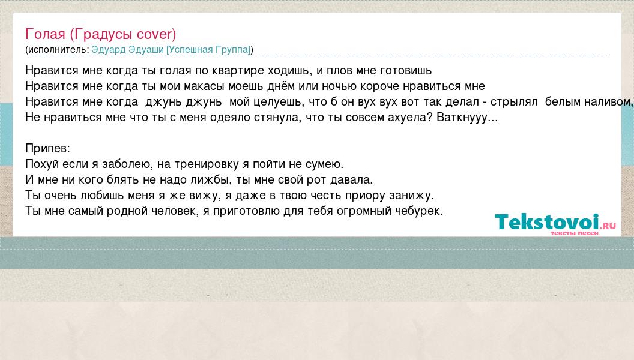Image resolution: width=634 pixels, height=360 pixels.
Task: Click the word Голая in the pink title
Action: pos(45,34)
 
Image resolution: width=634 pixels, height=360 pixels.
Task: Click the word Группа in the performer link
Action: pos(233,50)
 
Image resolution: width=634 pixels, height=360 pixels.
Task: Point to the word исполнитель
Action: pos(58,50)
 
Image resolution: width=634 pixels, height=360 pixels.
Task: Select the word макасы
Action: pos(204,86)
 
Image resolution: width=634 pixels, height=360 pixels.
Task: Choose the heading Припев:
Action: pos(47,149)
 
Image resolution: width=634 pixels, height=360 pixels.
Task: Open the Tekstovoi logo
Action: pos(555,222)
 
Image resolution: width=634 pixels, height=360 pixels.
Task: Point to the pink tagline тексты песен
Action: pos(574,233)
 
